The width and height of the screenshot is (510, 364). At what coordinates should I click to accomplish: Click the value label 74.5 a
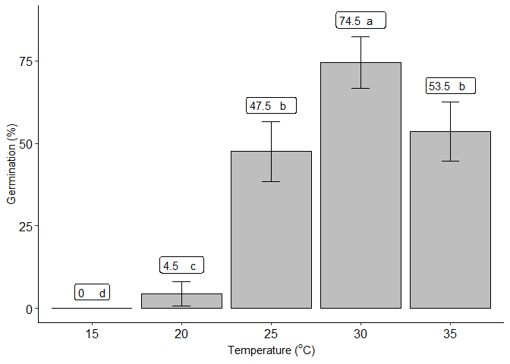point(361,21)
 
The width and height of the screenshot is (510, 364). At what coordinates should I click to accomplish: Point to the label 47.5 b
point(271,106)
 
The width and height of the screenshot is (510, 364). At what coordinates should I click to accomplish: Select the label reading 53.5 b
point(451,86)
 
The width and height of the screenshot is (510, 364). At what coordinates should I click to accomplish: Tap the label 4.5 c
point(182,266)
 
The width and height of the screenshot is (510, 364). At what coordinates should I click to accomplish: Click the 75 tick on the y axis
point(26,61)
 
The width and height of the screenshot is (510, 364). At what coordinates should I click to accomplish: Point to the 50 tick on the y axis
point(26,144)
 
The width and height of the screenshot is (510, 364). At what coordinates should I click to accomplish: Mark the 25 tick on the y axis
point(26,226)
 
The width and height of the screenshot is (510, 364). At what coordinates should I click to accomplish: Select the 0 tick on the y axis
point(29,309)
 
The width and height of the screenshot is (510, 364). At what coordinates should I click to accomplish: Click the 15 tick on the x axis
point(92,334)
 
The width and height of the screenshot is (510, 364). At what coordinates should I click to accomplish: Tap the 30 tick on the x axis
point(360,334)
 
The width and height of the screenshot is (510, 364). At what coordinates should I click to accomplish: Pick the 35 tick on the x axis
point(450,334)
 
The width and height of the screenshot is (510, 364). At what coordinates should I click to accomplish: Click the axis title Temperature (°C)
point(271,350)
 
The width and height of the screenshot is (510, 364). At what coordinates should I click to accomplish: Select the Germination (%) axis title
point(11,165)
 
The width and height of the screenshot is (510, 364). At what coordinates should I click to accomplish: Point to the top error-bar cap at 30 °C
point(360,36)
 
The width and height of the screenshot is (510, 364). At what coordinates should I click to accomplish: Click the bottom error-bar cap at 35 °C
point(450,161)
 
